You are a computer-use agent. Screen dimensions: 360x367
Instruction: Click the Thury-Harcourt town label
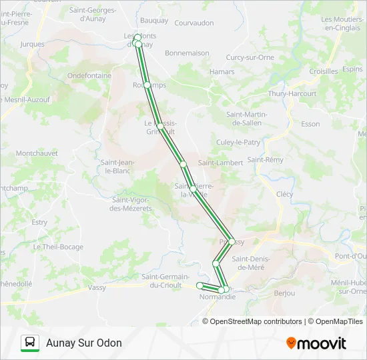[x=292, y=94]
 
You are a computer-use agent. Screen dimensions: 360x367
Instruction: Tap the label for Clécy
[x=284, y=194]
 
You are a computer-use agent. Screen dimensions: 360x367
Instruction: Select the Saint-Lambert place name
[x=216, y=163]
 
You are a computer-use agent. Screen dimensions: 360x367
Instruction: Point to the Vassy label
[x=97, y=287]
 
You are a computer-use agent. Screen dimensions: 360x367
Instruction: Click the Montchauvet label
[x=37, y=153]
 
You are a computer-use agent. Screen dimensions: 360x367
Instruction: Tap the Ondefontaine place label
[x=89, y=76]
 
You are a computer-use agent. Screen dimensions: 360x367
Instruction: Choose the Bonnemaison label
[x=187, y=53]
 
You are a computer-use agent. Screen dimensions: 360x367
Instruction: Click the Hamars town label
[x=222, y=72]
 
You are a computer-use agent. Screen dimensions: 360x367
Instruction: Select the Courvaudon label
[x=194, y=23]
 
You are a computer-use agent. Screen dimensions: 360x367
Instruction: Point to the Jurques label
[x=33, y=45]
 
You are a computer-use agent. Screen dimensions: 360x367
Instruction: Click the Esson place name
[x=310, y=124]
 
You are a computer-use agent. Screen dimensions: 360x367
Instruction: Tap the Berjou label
[x=285, y=293]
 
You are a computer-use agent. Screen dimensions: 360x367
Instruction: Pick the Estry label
[x=39, y=222]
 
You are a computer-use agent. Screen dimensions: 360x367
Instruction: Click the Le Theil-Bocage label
[x=58, y=247]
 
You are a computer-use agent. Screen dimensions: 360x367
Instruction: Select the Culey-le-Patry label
[x=238, y=142]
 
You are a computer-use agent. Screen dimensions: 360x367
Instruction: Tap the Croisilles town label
[x=324, y=71]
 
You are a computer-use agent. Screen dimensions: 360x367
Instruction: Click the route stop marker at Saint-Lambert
[x=182, y=163]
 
